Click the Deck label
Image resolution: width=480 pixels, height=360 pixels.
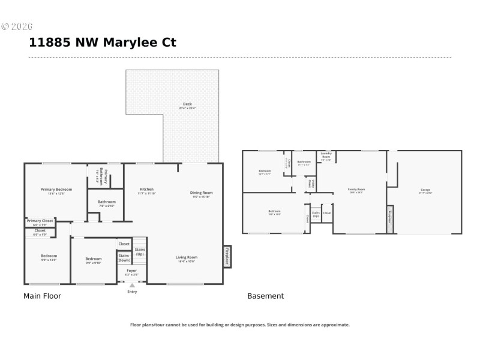(187, 104)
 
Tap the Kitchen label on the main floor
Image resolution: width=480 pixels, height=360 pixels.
(146, 190)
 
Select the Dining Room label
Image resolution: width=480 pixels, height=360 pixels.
(202, 193)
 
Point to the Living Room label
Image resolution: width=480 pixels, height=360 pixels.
(187, 257)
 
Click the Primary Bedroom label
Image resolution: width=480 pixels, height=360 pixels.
(56, 190)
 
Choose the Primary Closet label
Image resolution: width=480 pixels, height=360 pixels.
(40, 221)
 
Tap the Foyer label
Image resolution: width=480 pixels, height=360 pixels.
(131, 271)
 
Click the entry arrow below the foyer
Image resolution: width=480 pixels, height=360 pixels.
(132, 286)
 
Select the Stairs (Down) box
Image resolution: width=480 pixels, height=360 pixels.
(124, 258)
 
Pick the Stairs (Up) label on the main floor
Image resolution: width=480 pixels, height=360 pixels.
(139, 251)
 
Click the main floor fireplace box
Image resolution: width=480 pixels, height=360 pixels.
(227, 256)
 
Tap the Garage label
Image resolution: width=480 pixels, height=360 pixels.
(425, 190)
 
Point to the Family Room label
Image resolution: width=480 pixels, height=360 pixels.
(356, 190)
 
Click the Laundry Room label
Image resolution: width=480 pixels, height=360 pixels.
(326, 154)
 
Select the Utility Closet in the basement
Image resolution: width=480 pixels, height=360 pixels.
(310, 182)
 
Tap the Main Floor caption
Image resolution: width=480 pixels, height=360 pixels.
(42, 296)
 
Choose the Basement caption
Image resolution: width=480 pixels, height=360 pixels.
(265, 296)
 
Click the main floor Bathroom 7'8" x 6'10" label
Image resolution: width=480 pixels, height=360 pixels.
(107, 202)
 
